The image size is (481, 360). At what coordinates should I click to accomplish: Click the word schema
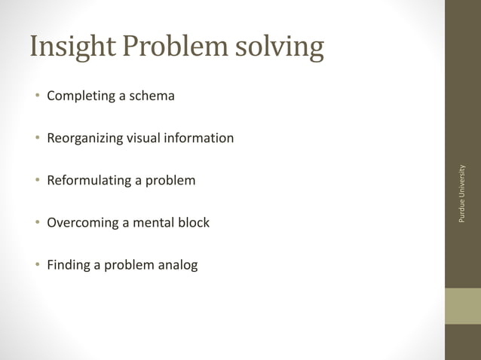(x=152, y=96)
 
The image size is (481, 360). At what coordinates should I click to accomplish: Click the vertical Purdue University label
(x=462, y=194)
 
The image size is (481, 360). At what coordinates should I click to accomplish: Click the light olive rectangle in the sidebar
(x=462, y=306)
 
